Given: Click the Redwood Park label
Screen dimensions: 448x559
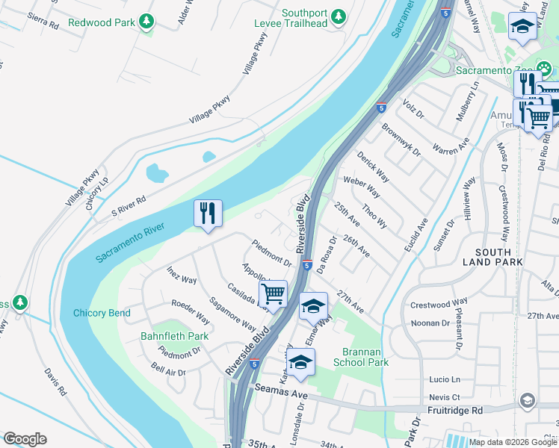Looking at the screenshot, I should click(x=102, y=22).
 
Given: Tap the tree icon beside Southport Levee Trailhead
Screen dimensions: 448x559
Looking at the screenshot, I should click(x=339, y=16).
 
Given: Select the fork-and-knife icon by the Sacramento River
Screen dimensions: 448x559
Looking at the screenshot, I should click(x=208, y=214).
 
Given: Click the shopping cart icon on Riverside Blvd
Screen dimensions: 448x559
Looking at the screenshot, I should click(x=273, y=293).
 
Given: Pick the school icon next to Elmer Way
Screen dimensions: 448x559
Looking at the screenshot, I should click(x=313, y=305).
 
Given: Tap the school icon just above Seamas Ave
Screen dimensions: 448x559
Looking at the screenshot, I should click(x=300, y=361).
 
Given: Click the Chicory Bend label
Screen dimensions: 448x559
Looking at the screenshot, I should click(x=101, y=313).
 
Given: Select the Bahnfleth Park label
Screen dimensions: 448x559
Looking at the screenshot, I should click(x=174, y=337).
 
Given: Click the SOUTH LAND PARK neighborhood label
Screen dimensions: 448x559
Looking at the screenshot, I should click(x=492, y=258).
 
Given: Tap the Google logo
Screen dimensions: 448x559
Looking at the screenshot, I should click(x=25, y=439).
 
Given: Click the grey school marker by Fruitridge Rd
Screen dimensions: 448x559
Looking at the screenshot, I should click(x=528, y=401).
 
